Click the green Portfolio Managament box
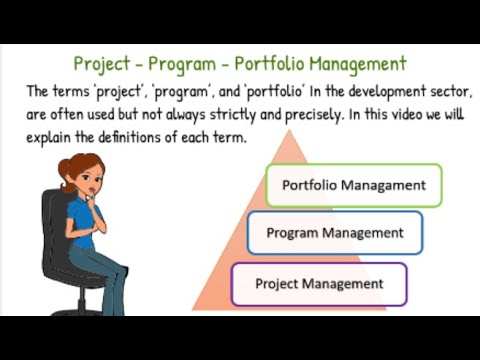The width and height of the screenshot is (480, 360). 353,185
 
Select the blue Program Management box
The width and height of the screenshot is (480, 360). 334,233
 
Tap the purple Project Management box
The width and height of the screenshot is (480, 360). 319,284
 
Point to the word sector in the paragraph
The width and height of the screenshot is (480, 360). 444,91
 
